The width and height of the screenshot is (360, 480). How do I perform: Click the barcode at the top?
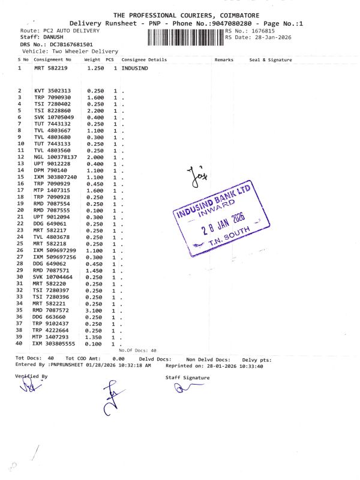pos(184,35)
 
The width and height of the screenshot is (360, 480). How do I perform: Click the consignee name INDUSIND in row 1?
pos(134,68)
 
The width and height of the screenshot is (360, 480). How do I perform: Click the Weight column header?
pos(92,60)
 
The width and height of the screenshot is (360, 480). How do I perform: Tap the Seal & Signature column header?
pos(271,60)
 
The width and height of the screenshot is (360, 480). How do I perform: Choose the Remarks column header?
pos(224,60)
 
